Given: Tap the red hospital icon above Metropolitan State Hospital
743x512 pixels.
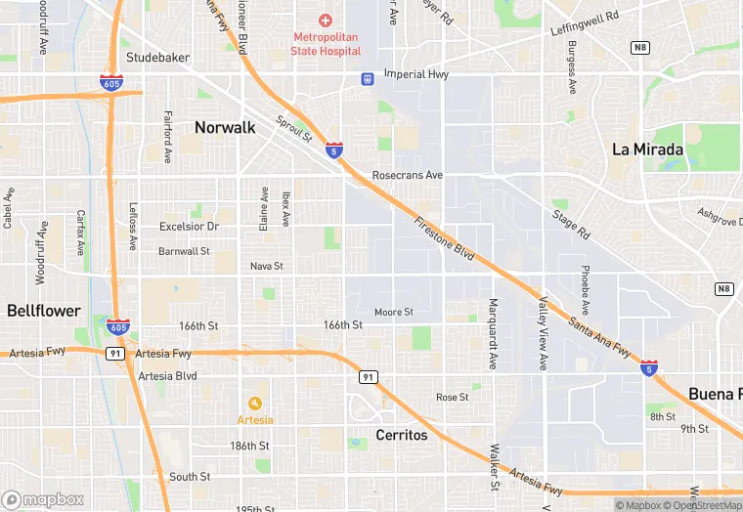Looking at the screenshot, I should point(327,21).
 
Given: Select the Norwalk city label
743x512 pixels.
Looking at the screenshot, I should point(225,127).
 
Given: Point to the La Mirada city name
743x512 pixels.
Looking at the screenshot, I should point(647,149).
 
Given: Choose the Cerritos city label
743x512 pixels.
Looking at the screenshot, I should point(402,435).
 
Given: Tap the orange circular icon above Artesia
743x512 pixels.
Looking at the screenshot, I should point(255,403).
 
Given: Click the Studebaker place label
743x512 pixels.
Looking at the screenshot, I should point(157,58).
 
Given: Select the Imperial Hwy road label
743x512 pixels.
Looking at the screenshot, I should point(415,73).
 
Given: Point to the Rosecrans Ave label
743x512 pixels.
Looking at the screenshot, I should point(408,176).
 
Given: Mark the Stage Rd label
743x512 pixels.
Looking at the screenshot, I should point(571,225).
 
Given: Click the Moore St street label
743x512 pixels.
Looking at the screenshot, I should point(394,312).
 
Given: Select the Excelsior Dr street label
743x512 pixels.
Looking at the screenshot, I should point(189,227).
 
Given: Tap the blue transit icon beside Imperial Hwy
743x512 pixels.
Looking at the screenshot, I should point(367,78).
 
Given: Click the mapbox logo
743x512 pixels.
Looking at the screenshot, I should point(43,499).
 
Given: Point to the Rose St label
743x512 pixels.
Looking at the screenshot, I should point(453,398).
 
